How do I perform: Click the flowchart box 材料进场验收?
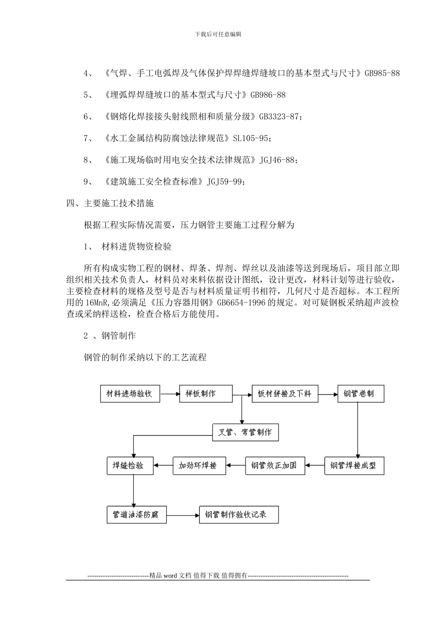tap(130, 394)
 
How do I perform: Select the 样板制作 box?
tap(206, 394)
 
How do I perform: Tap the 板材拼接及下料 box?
tap(285, 394)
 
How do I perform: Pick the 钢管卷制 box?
tap(361, 394)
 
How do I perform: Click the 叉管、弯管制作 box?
tap(246, 432)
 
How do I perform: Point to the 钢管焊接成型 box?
tap(354, 466)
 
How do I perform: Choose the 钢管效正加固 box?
tap(274, 466)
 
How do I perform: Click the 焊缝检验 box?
tap(130, 466)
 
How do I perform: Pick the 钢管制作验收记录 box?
tap(239, 515)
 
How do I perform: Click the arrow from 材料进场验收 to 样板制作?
tap(169, 394)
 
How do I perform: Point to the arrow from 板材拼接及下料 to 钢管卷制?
tap(328, 394)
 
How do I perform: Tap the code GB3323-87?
tap(279, 117)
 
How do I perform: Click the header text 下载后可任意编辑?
tap(218, 34)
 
